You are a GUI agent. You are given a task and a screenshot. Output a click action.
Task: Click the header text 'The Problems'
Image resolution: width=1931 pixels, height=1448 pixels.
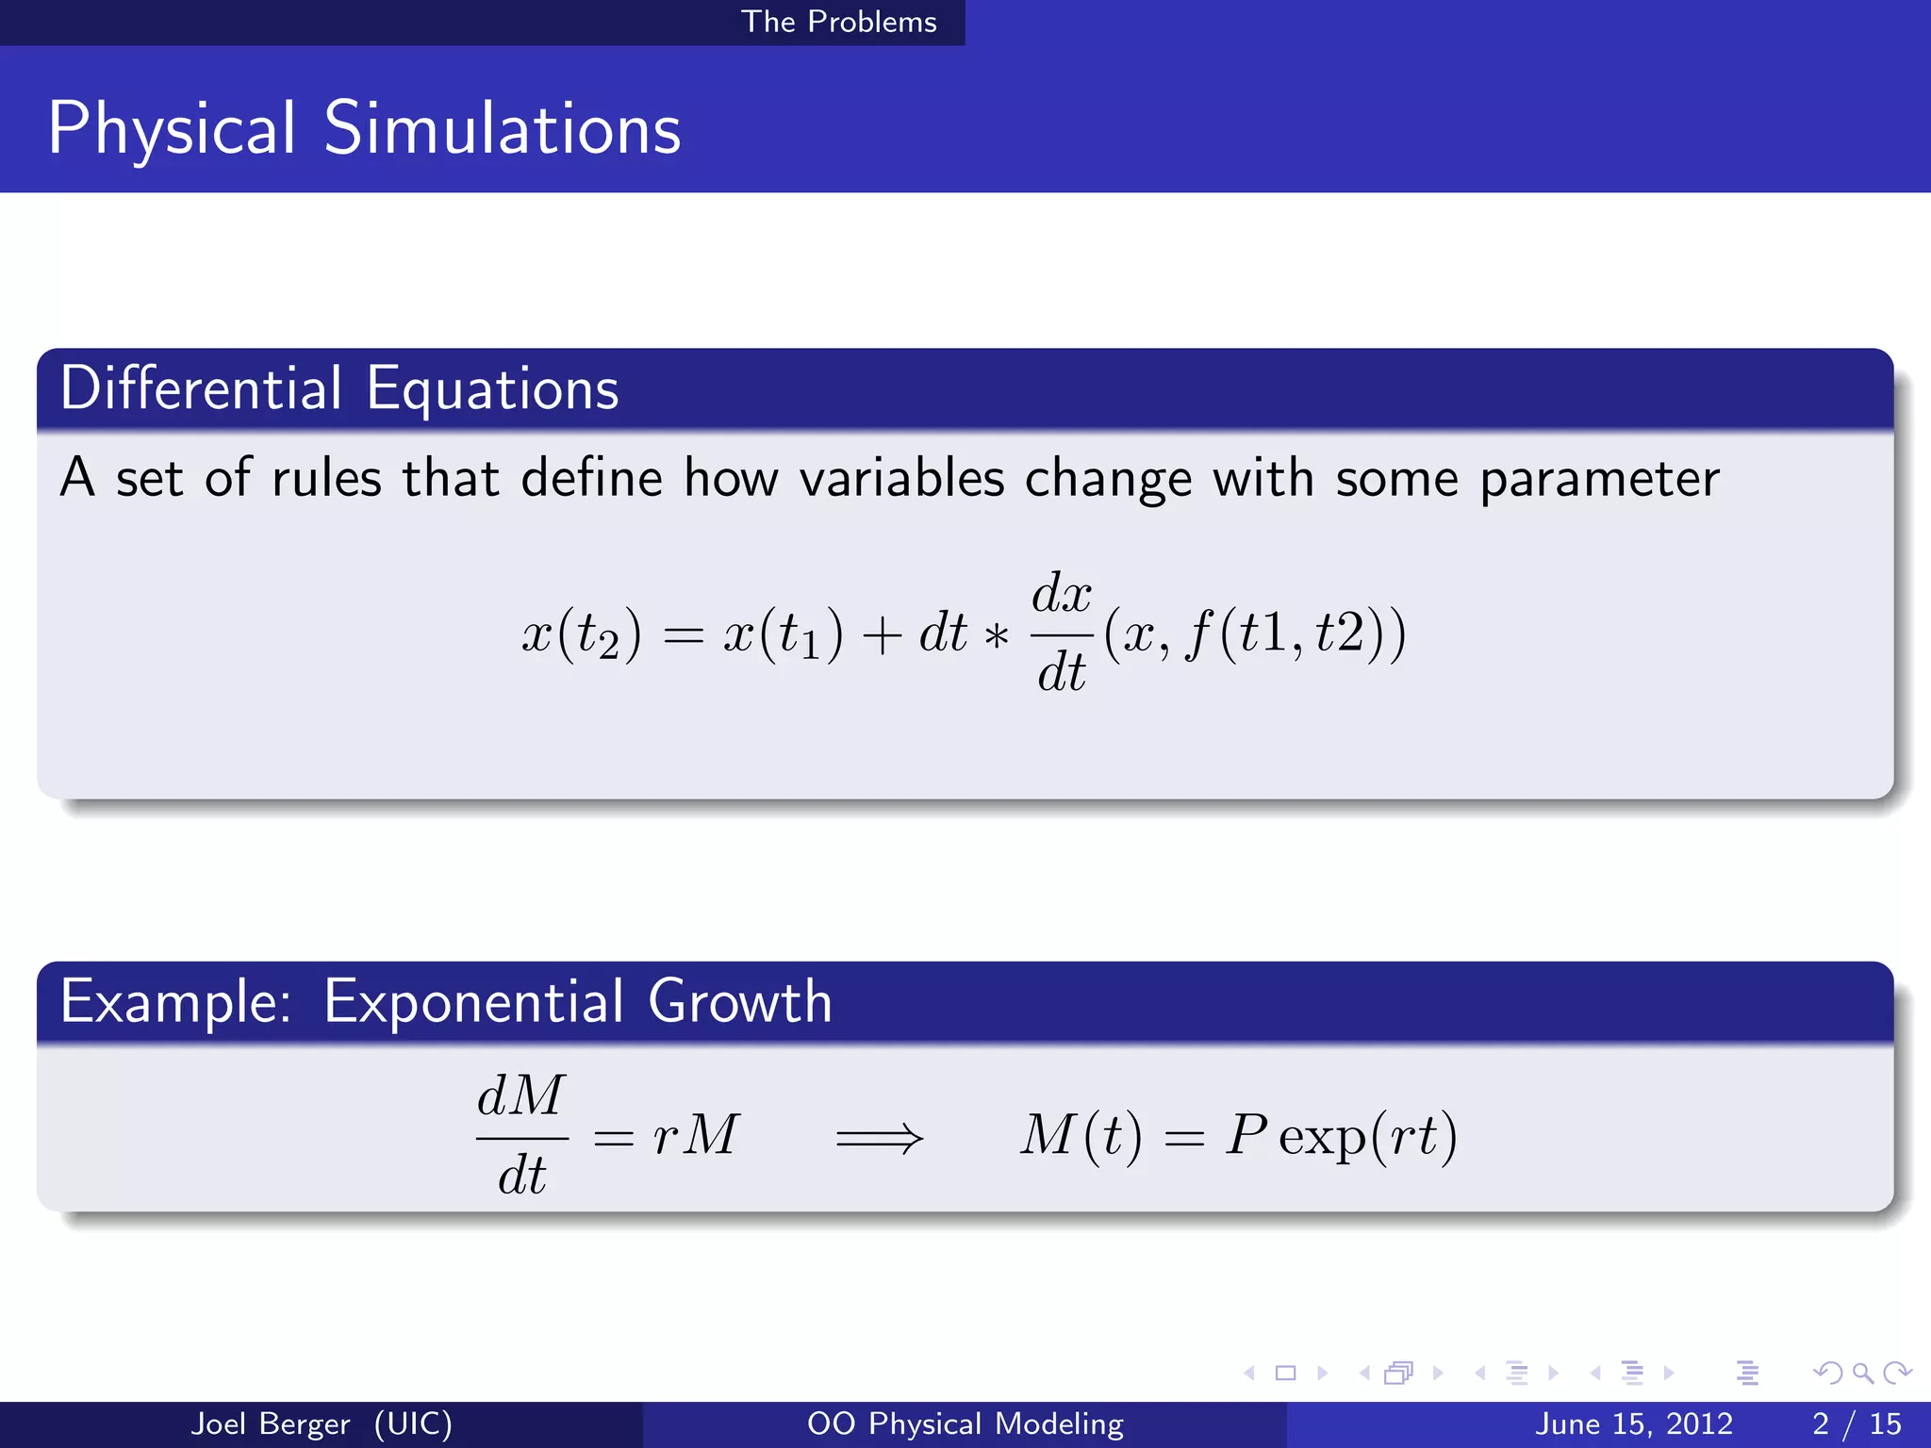[x=838, y=22]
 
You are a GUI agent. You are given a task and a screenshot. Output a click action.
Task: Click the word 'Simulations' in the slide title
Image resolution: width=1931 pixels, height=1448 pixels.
[x=502, y=129]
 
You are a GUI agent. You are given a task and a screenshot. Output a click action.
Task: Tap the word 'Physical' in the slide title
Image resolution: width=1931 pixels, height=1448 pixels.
[x=172, y=129]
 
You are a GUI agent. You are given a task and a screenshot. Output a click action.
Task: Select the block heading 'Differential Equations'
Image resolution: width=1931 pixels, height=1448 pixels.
[x=339, y=388]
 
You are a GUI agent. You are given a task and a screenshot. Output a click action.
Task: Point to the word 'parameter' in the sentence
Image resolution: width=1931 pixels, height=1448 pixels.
[x=1599, y=480]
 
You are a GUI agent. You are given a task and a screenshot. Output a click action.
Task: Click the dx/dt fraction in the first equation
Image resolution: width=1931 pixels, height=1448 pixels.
[x=1062, y=633]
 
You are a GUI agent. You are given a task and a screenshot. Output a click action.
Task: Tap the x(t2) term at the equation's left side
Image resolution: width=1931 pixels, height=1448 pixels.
[x=582, y=634]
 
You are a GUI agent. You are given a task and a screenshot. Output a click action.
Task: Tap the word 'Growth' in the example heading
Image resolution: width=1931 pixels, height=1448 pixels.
[x=739, y=1001]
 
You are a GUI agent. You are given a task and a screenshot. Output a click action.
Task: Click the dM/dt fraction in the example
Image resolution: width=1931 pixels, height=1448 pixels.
[x=521, y=1135]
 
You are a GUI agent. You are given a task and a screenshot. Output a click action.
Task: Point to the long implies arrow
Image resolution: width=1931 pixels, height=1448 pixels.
[x=879, y=1138]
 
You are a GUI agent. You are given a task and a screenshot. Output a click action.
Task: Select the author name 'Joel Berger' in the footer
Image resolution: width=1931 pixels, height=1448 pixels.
[x=270, y=1423]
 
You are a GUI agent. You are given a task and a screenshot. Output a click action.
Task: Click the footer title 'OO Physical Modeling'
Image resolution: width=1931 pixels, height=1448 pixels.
[x=965, y=1423]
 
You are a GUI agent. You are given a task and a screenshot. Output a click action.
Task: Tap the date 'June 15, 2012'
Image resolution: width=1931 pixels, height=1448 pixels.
[x=1633, y=1423]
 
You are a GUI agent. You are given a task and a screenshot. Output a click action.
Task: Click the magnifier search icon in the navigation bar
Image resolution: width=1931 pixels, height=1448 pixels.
[x=1862, y=1373]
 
